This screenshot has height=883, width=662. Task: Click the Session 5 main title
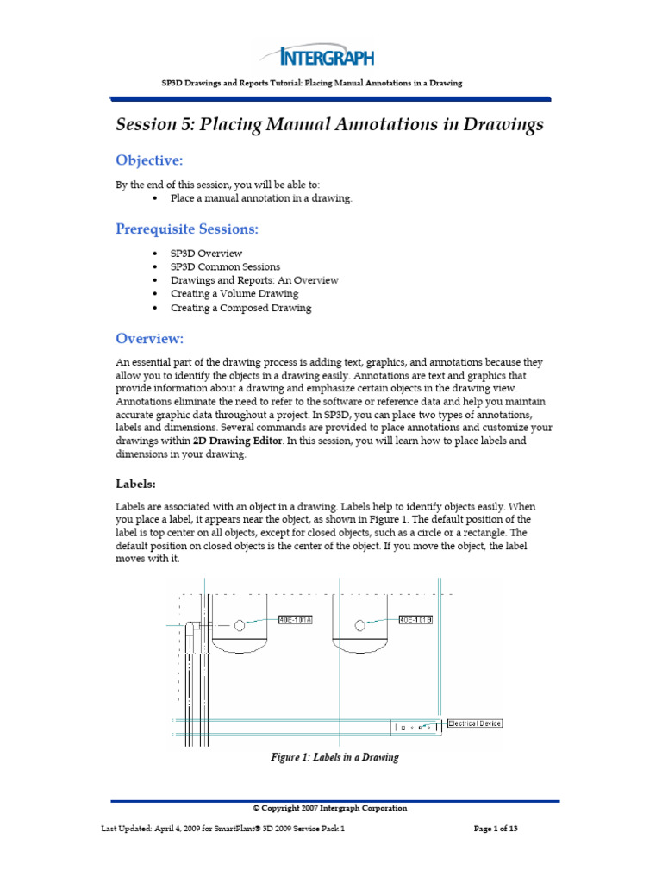330,125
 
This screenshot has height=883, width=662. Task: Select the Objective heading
150,161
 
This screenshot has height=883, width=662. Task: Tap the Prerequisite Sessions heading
187,229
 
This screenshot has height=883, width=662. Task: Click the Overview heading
150,338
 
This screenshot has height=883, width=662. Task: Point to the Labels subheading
135,484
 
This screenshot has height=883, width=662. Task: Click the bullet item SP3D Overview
206,254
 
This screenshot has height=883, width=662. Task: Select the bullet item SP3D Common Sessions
224,267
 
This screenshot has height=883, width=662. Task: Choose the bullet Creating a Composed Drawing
240,308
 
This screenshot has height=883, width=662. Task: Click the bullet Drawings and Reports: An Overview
254,280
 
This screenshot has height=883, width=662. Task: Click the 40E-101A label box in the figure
296,620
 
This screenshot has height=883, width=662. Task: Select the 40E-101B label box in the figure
416,620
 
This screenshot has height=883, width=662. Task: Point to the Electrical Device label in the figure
474,723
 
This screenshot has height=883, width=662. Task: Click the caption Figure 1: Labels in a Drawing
335,757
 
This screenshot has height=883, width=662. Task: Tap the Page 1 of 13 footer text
496,830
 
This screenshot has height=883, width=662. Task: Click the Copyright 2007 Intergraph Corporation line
330,808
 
